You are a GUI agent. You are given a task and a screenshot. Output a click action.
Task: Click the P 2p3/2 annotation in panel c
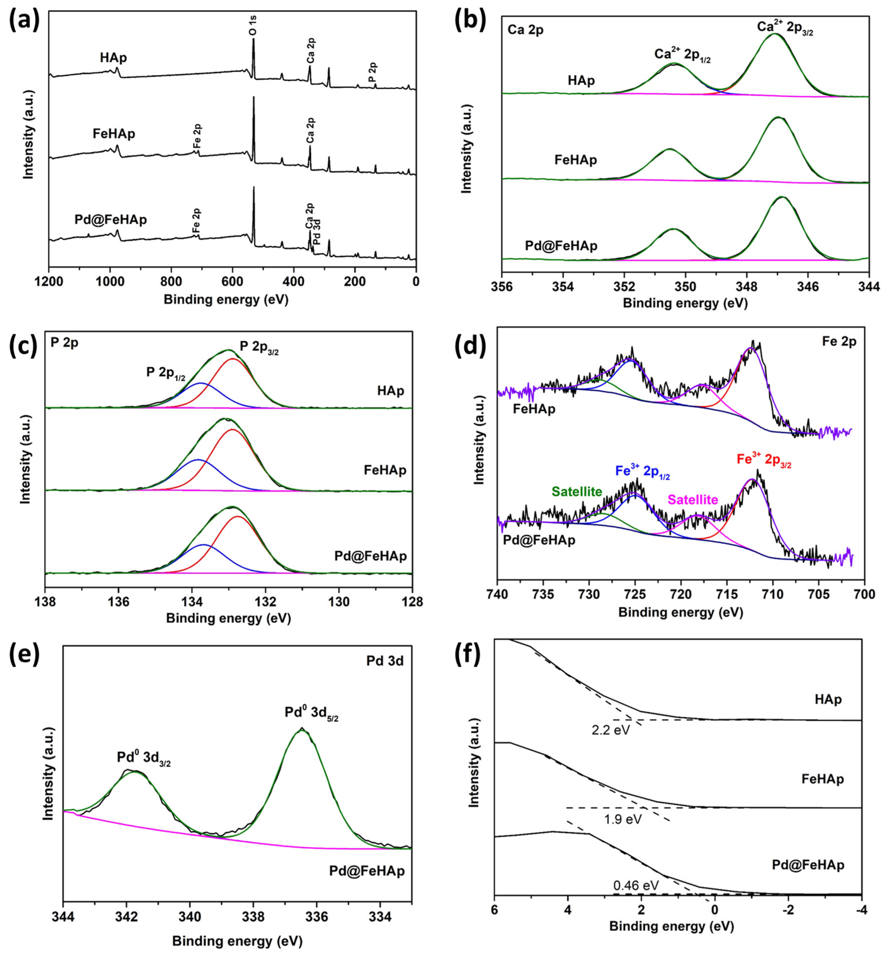pos(259,347)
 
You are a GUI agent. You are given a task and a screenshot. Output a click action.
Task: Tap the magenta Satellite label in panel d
pos(693,499)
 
